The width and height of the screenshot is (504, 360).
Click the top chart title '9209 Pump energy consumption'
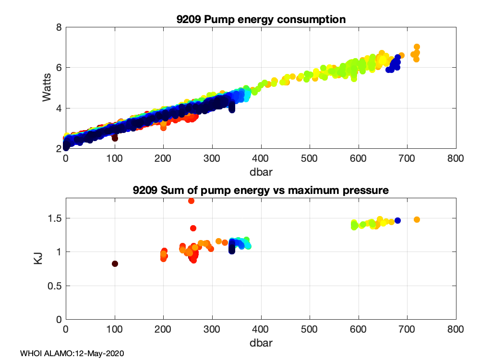point(261,20)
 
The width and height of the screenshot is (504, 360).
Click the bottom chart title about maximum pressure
point(261,191)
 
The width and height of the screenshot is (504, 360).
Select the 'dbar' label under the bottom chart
point(261,343)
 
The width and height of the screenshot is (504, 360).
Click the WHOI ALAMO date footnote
point(72,354)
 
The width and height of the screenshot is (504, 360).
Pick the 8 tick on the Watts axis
point(59,27)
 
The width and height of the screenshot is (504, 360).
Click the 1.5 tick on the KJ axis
point(56,218)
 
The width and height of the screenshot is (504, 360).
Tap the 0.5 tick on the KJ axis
point(56,286)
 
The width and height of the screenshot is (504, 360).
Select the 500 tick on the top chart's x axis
point(310,159)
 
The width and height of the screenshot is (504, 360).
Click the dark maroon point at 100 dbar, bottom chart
point(115,264)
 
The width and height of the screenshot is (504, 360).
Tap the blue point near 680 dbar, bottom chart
point(397,220)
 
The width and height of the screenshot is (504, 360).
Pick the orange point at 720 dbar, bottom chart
point(417,219)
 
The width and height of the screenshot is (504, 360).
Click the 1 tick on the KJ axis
point(59,252)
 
